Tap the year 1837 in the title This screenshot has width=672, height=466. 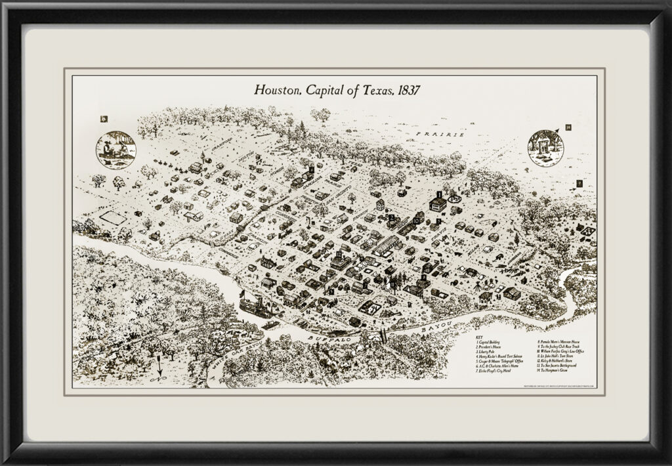point(406,90)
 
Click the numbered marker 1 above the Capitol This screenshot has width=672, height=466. point(438,194)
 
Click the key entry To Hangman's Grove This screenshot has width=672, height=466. point(560,371)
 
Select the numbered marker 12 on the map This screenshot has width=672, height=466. point(337,253)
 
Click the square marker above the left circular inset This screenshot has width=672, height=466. point(103,119)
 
